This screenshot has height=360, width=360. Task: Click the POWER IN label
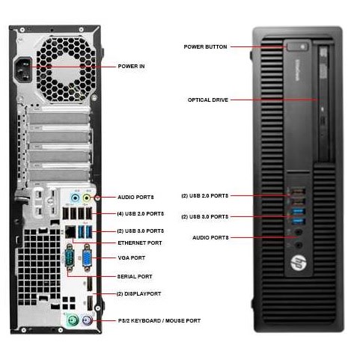click(x=131, y=67)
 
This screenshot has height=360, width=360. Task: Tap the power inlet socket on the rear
click(x=24, y=70)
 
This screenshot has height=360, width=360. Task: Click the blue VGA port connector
click(x=87, y=258)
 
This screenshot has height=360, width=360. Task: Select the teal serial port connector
click(x=70, y=258)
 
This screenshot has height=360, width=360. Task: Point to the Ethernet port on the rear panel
click(x=70, y=232)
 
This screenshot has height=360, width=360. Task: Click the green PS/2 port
click(x=73, y=320)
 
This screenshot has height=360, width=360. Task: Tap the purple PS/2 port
click(x=86, y=320)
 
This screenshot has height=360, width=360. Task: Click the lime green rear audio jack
click(x=86, y=198)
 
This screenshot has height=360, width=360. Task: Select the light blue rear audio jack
click(x=75, y=198)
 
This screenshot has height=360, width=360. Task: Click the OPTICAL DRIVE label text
click(x=208, y=100)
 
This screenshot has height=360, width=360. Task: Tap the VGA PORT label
click(x=132, y=258)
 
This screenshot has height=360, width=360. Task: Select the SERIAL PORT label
click(x=135, y=276)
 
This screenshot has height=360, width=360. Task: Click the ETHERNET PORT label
click(x=140, y=243)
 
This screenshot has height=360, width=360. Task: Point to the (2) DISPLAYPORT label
click(x=138, y=294)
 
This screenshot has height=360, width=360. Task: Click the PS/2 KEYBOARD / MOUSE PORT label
click(x=159, y=320)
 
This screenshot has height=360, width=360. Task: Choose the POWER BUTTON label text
click(x=205, y=47)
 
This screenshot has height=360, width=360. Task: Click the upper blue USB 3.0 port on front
click(x=299, y=211)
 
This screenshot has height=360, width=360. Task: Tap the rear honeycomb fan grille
click(x=66, y=69)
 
